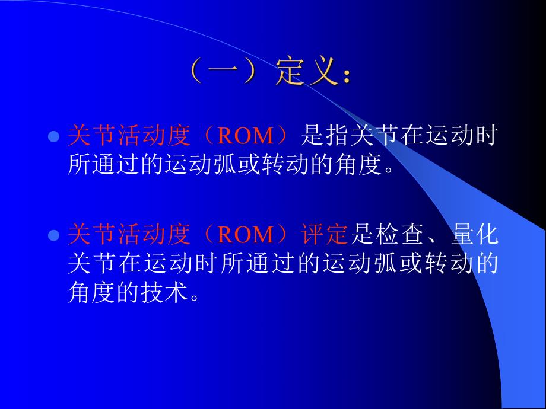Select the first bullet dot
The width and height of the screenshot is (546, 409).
coord(53,136)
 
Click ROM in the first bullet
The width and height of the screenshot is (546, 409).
coord(245,136)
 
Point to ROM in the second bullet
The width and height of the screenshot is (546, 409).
coord(245,235)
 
